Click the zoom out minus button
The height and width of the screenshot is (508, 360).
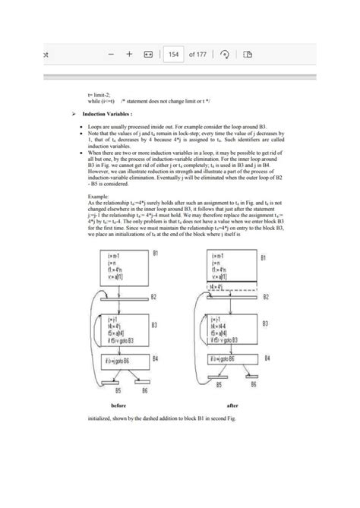(x=110, y=55)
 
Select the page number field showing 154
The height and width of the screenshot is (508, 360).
(x=174, y=55)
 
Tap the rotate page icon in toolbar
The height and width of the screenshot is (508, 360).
(x=226, y=55)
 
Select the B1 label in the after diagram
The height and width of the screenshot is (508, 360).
(x=264, y=258)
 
